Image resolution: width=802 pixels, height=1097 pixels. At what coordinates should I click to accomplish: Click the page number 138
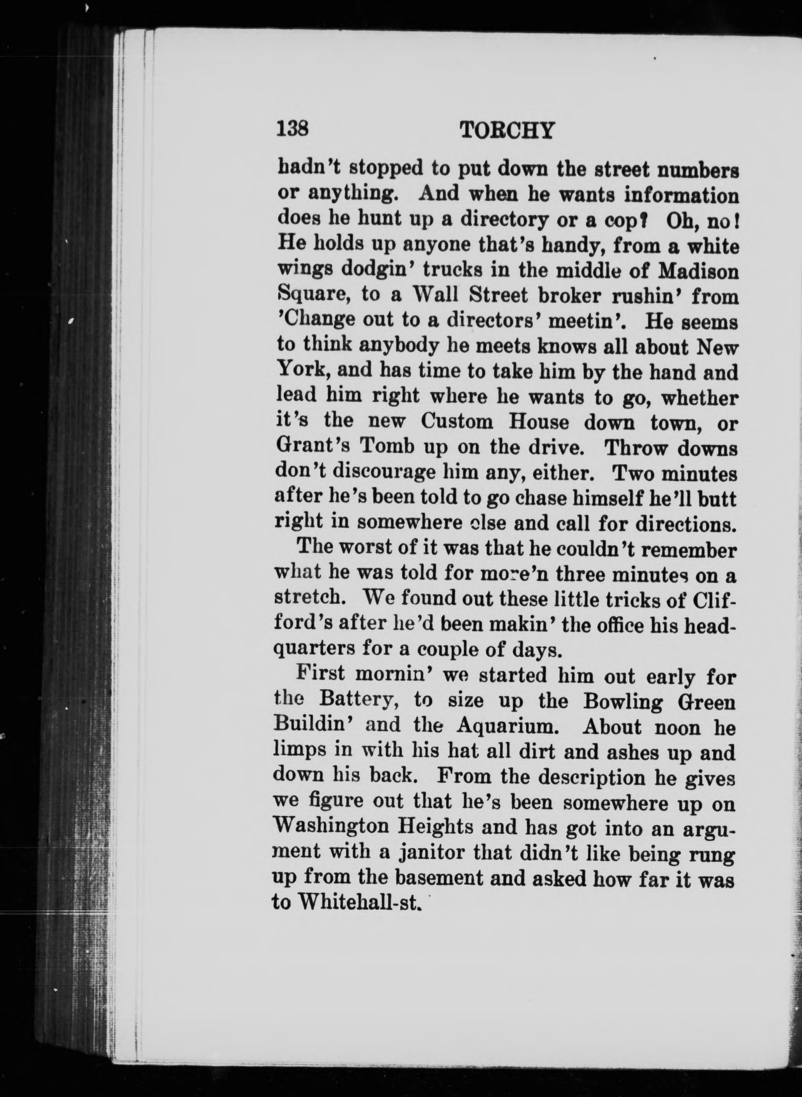[293, 130]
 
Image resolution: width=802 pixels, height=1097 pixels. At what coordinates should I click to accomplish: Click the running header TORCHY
[506, 130]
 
